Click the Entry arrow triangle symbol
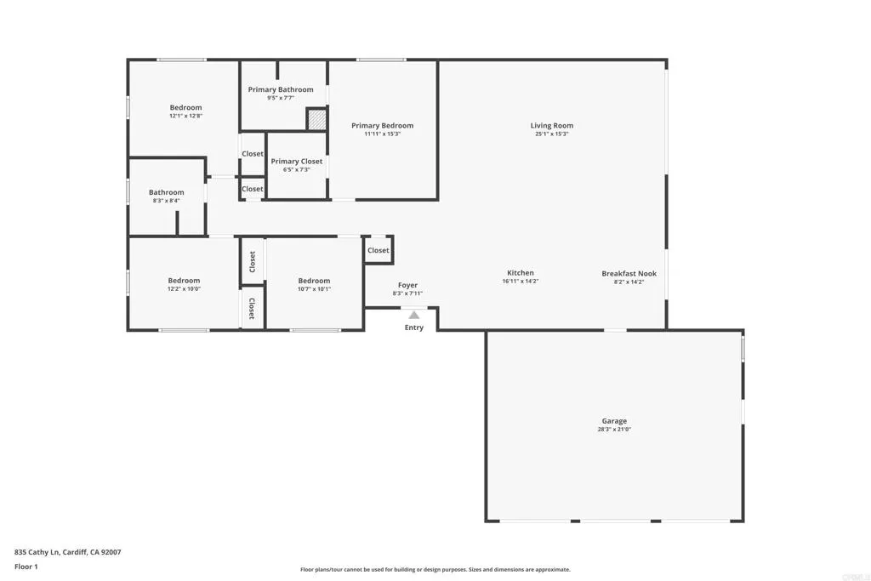(x=413, y=315)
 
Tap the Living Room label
(x=552, y=126)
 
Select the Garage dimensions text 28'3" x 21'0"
(x=614, y=430)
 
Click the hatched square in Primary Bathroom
(x=316, y=119)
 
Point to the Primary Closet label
(x=297, y=161)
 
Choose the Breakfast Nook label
(x=629, y=273)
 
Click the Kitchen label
(x=521, y=273)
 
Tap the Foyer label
(x=407, y=285)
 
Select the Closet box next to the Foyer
(x=379, y=250)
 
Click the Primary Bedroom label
(x=383, y=126)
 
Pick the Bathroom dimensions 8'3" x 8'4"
(x=166, y=201)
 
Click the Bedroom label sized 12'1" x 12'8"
(x=185, y=107)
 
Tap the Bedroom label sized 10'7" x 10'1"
(x=314, y=281)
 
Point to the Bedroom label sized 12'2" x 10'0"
(x=184, y=281)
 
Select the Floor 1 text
(x=26, y=566)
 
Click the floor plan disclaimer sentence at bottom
(x=435, y=570)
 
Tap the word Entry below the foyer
(x=413, y=328)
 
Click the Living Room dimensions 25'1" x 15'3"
(x=552, y=134)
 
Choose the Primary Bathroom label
(x=281, y=89)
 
